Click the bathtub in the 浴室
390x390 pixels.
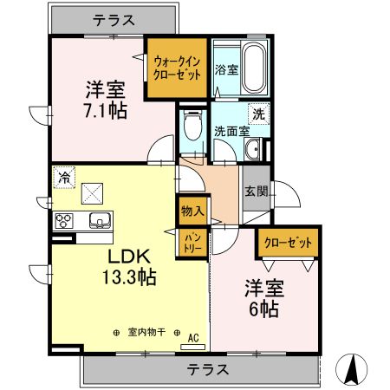(x=253, y=68)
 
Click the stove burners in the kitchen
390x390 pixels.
(x=64, y=220)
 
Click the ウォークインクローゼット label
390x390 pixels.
(x=178, y=68)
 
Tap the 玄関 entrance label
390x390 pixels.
(x=256, y=192)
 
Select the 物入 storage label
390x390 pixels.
(x=192, y=210)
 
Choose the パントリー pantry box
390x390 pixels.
(x=192, y=243)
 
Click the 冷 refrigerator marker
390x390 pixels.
(x=64, y=177)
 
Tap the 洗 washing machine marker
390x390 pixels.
(x=259, y=112)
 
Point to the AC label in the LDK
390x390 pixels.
(x=193, y=337)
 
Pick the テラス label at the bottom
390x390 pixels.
(x=208, y=370)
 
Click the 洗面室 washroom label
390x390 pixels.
(x=232, y=132)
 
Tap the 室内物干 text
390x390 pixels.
(x=146, y=332)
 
